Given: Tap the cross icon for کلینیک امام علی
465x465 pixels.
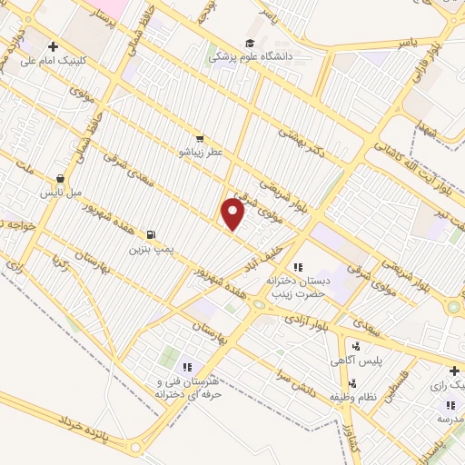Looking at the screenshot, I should (54, 46).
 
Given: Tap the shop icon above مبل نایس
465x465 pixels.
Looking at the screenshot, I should (60, 179).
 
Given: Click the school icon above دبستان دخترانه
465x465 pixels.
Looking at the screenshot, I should (298, 267).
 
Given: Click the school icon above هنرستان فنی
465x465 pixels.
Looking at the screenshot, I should (186, 367).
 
